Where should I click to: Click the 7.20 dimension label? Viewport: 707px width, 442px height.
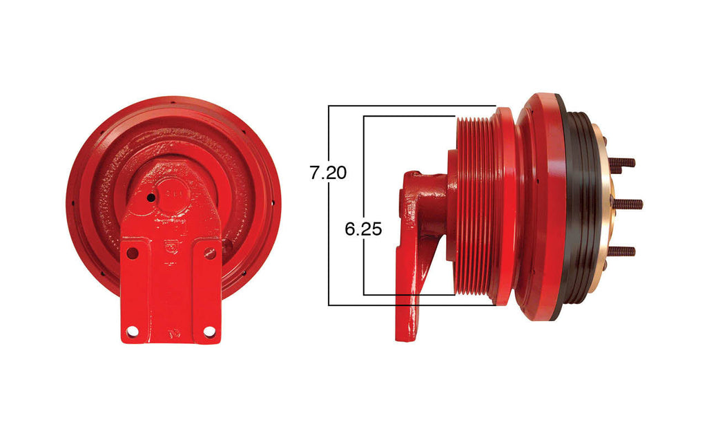[x=328, y=173]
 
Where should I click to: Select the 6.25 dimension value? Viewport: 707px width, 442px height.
[x=363, y=229]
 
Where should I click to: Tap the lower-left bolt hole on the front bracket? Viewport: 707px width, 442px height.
[x=133, y=332]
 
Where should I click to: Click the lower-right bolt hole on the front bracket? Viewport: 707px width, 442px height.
[x=209, y=332]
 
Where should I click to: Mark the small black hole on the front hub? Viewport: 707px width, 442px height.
[x=151, y=198]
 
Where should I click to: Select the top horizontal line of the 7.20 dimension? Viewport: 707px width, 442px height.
[x=411, y=106]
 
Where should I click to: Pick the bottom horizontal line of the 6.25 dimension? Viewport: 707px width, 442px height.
[x=407, y=295]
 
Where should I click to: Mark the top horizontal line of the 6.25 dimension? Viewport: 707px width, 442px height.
[x=407, y=116]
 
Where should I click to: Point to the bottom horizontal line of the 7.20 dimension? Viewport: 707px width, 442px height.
[x=411, y=305]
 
